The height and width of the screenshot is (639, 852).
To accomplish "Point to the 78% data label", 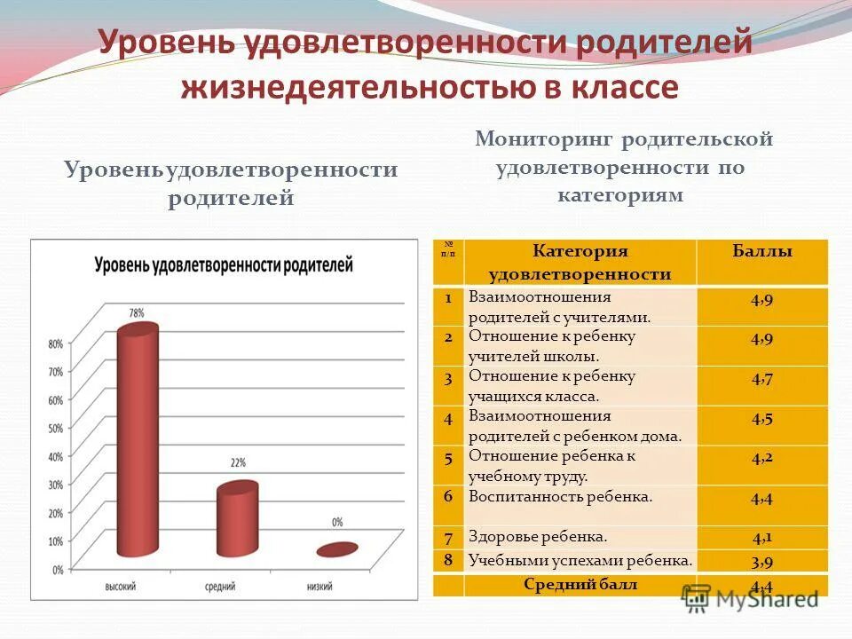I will (137, 312).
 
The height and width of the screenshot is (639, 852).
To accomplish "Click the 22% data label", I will (237, 462).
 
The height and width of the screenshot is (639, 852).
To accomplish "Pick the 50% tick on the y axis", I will (55, 428).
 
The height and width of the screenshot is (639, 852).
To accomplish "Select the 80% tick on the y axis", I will (55, 343).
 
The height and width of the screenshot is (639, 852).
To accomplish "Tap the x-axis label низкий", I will (319, 587).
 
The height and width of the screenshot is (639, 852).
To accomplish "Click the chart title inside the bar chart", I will (224, 265).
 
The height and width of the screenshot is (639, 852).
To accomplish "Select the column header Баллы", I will (761, 252).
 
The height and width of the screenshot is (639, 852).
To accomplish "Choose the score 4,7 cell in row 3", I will (761, 380).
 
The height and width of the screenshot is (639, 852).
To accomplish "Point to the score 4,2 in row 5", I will (761, 459).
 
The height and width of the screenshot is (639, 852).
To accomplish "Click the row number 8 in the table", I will (449, 559).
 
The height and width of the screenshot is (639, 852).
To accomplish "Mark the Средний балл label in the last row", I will (580, 584).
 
